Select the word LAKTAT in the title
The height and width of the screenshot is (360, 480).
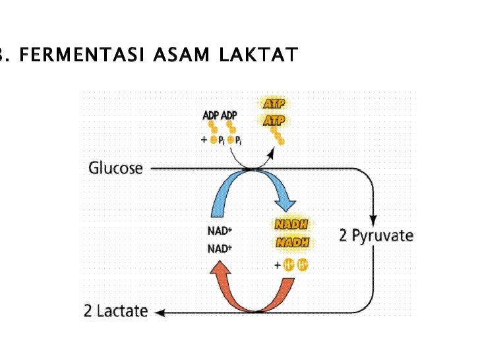258,55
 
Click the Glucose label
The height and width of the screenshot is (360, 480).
115,168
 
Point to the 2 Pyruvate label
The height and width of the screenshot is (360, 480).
376,235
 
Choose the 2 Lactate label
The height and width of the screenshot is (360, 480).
115,311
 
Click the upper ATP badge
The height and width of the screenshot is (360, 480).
274,104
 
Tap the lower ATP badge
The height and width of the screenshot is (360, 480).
274,121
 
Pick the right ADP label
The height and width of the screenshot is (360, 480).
229,116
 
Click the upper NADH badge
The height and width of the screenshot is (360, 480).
292,225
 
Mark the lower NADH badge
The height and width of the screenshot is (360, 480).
292,243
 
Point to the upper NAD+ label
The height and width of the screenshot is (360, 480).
220,231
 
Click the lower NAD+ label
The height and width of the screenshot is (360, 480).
220,249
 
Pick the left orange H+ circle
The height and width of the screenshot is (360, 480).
289,266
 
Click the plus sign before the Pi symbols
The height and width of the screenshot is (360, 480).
204,140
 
